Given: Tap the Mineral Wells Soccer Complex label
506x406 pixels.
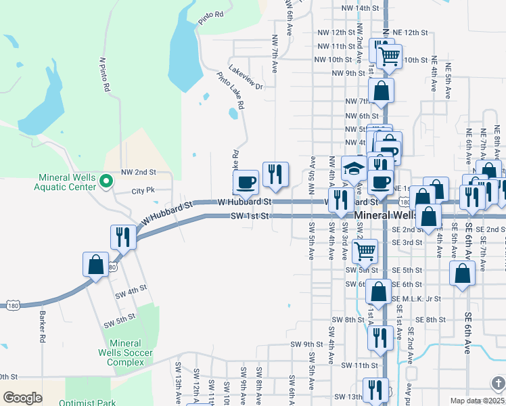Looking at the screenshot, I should [125, 353].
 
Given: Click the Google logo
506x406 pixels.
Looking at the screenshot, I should [22, 398].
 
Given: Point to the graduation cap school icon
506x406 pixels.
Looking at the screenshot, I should [354, 169].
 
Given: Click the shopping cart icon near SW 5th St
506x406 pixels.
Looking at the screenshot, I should [365, 251].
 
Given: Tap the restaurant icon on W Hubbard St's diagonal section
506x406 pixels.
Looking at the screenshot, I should [122, 236].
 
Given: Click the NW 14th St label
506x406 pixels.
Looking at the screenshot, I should [361, 8].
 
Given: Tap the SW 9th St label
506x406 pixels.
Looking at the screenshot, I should [307, 344].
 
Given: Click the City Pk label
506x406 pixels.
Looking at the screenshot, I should [143, 191].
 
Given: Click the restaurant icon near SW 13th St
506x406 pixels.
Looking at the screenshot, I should [371, 390].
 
